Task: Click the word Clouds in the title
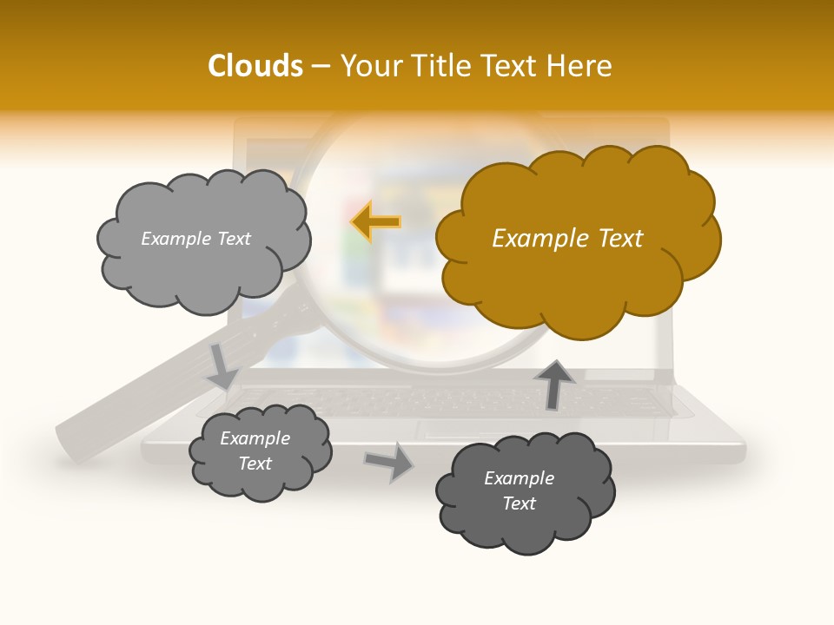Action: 255,66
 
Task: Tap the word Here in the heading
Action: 579,66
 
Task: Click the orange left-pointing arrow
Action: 376,222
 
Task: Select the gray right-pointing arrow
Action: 388,461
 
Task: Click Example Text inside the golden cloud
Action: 567,239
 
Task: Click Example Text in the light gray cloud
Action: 195,239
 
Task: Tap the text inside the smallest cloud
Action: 255,451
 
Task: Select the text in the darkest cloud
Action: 519,490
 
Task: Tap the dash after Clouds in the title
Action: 320,66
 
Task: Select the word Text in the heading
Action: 511,66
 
